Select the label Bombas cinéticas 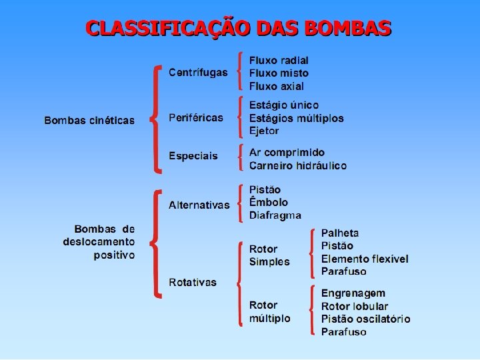coord(89,121)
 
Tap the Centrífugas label coord(198,72)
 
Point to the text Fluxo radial coord(279,60)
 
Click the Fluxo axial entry coord(277,86)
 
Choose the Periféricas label coord(196,117)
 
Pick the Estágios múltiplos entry coord(297,118)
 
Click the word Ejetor coord(264,131)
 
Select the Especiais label coord(193,156)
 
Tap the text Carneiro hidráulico coord(298,165)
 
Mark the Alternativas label coord(199,205)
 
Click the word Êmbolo coord(269,202)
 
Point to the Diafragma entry coord(275,215)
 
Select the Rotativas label coord(193,282)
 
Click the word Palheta coord(340,233)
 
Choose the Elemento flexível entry coord(365,259)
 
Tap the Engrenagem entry coord(353,293)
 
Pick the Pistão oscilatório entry coord(366,319)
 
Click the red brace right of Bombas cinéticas coord(155,117)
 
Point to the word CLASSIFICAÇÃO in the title coord(168,29)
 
